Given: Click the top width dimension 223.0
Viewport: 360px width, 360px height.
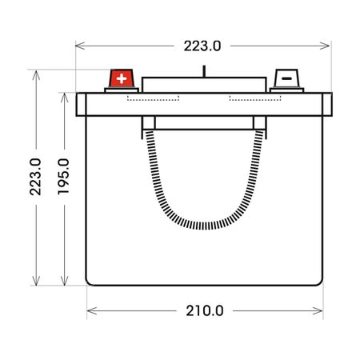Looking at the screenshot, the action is [x=202, y=46].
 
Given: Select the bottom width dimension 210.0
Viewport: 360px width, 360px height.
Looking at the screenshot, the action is [x=205, y=311].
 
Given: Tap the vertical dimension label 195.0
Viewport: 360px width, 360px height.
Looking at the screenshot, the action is [x=63, y=177].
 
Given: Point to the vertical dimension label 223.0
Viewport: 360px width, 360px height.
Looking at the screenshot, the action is [x=35, y=177].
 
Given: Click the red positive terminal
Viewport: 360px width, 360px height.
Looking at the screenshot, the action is [x=122, y=78].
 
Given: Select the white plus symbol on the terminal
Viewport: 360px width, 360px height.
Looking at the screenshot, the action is [x=122, y=78].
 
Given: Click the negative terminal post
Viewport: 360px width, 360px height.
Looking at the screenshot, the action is [x=286, y=78].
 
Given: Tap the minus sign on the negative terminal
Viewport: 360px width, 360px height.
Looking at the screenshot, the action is [x=286, y=78].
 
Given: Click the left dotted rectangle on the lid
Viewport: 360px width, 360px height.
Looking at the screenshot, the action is [x=153, y=98].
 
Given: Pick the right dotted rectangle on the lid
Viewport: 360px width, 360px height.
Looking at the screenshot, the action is [x=255, y=98].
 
